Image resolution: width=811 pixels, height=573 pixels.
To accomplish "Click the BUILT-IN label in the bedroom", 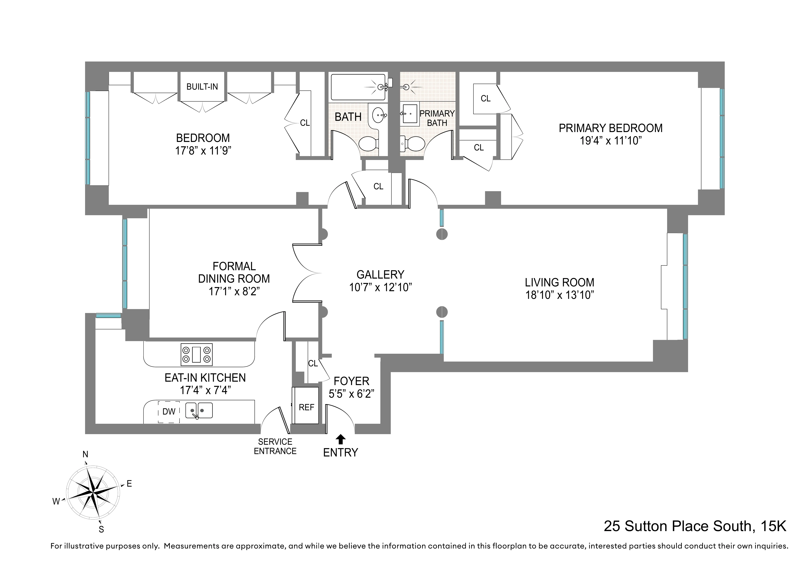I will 202,87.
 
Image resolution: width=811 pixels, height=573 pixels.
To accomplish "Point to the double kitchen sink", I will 199,411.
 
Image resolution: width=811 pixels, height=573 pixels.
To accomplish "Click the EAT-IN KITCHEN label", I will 205,378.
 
